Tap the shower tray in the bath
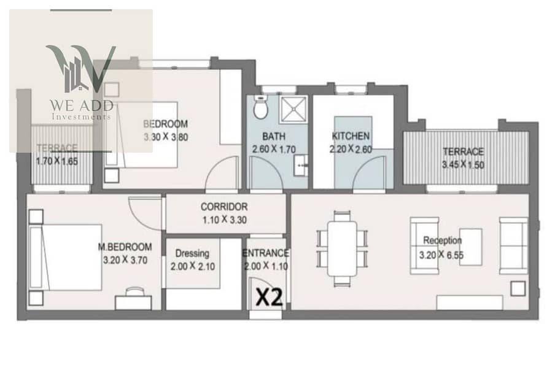(294, 109)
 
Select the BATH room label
(274, 136)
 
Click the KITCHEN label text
(351, 136)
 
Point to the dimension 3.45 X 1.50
(463, 165)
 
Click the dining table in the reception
(343, 248)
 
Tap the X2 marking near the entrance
(270, 297)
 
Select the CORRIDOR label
(224, 207)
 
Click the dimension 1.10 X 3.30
(225, 220)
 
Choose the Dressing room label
(192, 253)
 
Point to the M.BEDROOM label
(125, 247)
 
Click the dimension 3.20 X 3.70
(125, 260)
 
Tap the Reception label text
(443, 241)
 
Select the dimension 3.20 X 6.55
(441, 255)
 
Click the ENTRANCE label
(265, 253)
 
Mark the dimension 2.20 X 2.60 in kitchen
(351, 149)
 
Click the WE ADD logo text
(82, 105)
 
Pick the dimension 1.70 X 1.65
(56, 161)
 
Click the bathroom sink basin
(300, 165)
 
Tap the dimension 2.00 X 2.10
(193, 267)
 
